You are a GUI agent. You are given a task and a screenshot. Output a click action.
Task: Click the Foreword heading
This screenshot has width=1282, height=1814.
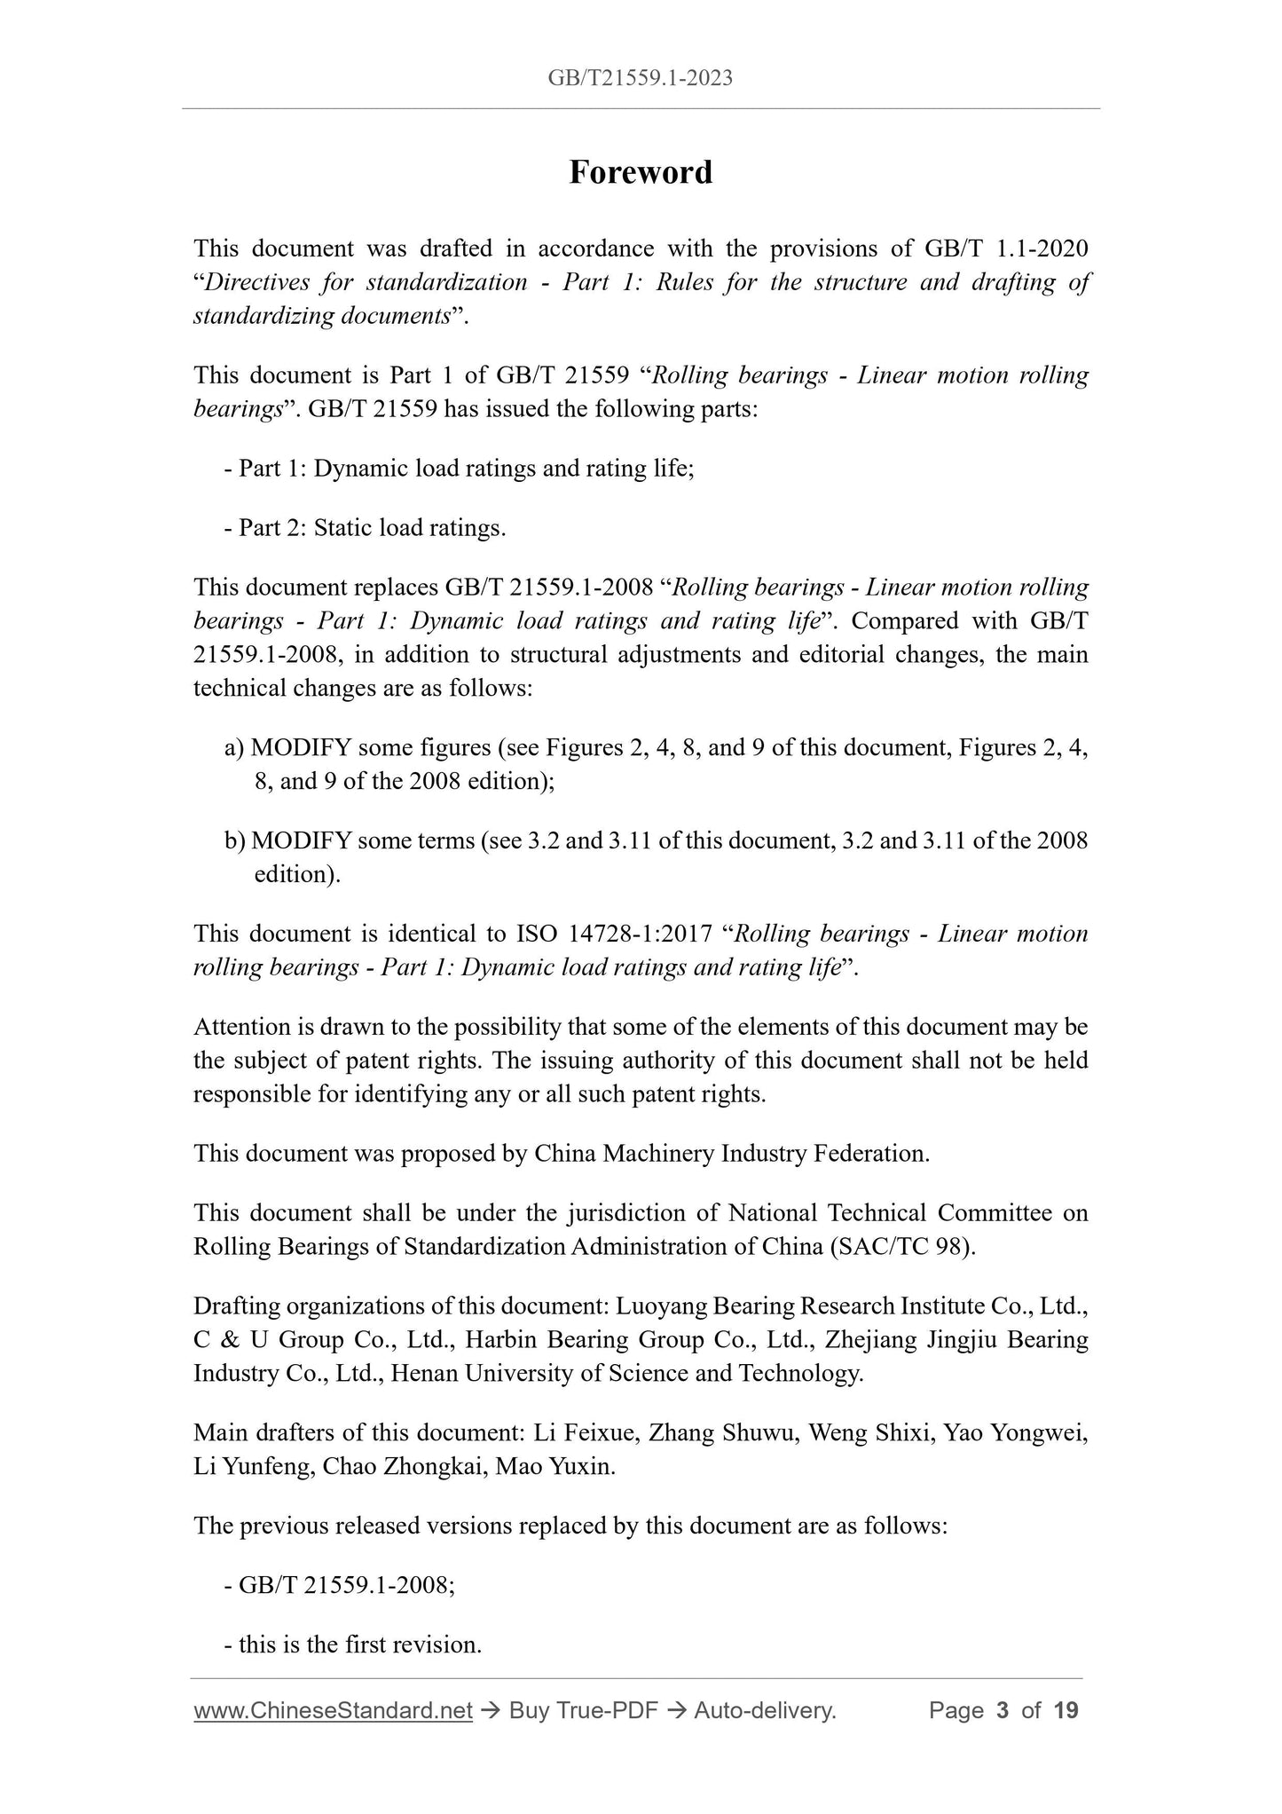click(x=640, y=172)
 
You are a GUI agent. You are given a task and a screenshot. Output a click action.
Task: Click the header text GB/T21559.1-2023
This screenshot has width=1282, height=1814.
click(x=640, y=78)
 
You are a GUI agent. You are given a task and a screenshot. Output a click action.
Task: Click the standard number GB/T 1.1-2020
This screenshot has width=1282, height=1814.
click(x=1006, y=248)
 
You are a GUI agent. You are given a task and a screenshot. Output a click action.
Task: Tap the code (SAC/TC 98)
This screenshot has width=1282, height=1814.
click(x=902, y=1247)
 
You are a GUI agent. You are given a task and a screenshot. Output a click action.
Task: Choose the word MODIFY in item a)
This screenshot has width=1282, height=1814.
click(x=302, y=748)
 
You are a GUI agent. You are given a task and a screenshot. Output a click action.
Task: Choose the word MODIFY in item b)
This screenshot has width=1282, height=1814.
click(x=301, y=840)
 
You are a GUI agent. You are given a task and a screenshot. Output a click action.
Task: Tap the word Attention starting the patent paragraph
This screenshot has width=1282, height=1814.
click(x=241, y=1027)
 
